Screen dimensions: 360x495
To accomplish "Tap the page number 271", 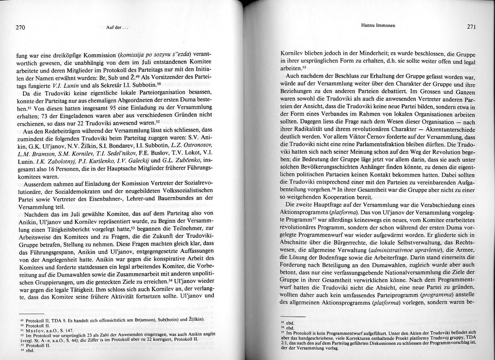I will (472, 26).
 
